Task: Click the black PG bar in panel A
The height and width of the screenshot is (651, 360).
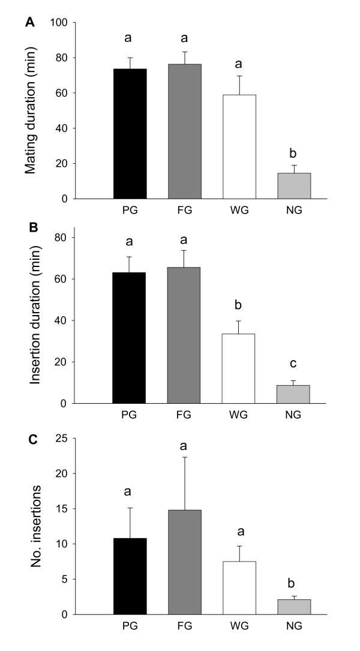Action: coord(130,134)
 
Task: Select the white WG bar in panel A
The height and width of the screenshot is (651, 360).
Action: coord(239,146)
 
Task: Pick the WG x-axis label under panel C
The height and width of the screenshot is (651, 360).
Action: coord(239,626)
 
